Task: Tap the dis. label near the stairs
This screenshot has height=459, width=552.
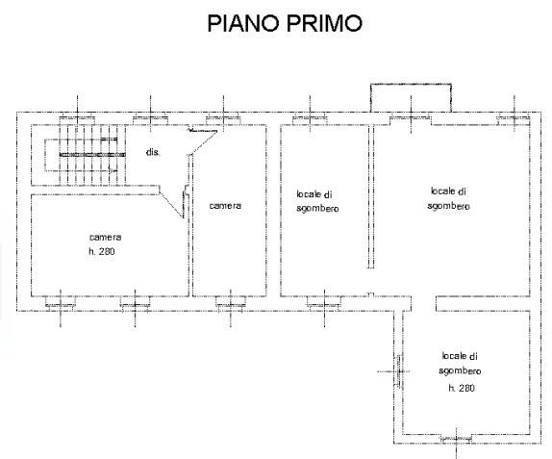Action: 152,153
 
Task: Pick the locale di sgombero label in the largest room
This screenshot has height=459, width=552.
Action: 449,198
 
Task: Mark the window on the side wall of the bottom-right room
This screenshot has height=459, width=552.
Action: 396,368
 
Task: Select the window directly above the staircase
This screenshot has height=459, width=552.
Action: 76,117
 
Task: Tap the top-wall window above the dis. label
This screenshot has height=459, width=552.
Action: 150,117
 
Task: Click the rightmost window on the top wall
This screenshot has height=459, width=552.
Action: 514,117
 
